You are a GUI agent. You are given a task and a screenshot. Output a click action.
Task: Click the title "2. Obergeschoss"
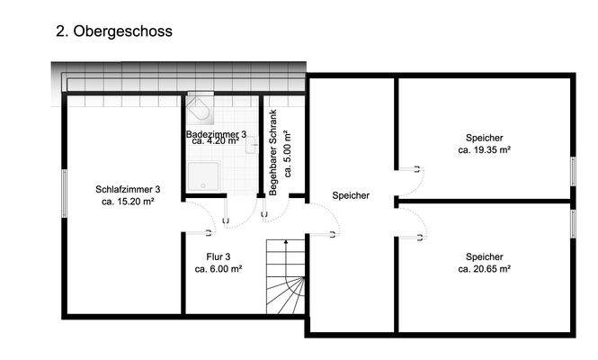114,31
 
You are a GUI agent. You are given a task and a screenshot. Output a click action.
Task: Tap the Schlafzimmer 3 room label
128,189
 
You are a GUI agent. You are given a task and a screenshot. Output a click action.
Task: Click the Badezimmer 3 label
217,134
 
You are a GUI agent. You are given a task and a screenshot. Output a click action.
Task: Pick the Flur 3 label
218,256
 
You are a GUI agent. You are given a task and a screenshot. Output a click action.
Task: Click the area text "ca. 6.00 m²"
218,268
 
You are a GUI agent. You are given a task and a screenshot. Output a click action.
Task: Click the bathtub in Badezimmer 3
200,112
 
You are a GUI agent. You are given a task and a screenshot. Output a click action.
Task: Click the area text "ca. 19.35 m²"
484,150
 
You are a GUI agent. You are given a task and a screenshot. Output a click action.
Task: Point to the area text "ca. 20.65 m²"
484,268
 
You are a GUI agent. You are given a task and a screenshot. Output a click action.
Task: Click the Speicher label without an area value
351,195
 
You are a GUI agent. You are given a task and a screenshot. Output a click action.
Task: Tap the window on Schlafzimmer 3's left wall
64,190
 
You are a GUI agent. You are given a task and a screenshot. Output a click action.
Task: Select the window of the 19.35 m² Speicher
573,171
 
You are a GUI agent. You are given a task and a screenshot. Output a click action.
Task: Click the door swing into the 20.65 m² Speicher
409,222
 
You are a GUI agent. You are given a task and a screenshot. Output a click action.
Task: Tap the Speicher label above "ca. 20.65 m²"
484,256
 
